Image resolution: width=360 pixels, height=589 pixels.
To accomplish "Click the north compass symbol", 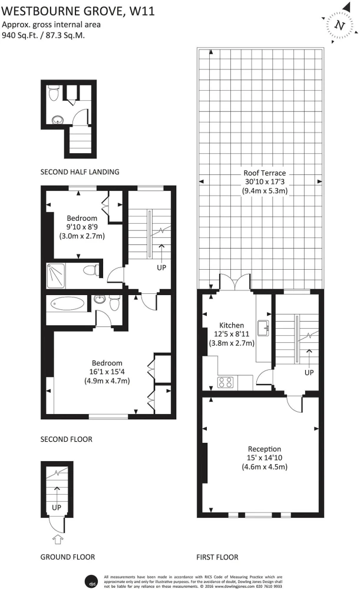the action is (x=340, y=25).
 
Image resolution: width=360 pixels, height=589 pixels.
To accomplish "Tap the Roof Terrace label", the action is (x=265, y=173).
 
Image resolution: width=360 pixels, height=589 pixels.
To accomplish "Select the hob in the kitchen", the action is (x=226, y=382).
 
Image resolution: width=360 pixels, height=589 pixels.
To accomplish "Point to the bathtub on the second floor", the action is (x=67, y=304).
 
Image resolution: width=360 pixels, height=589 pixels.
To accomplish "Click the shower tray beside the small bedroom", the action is (x=55, y=276).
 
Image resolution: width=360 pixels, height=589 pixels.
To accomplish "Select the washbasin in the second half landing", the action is (x=58, y=120).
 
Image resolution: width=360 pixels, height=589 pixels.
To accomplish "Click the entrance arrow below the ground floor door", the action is (x=57, y=540).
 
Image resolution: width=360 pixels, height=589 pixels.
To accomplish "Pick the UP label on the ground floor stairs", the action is (x=57, y=508).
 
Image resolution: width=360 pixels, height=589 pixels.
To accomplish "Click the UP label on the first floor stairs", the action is (x=309, y=373).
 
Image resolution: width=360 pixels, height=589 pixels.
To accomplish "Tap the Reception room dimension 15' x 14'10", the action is (x=265, y=458).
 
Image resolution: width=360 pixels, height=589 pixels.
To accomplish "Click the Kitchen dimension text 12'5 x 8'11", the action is (x=232, y=334).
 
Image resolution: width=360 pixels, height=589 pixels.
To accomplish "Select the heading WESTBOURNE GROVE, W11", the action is (x=78, y=11).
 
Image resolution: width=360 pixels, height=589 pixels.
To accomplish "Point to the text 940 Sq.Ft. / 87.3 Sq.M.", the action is (x=44, y=35).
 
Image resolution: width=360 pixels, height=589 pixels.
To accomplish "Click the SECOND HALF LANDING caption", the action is (x=80, y=172).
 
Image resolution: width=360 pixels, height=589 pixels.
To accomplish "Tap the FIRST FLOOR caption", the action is (x=217, y=557).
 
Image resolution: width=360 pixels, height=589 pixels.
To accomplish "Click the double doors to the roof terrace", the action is (x=235, y=282).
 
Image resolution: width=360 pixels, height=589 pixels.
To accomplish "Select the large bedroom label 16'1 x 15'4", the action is (x=107, y=372).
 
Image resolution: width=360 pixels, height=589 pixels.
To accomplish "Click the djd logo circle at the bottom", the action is (x=91, y=581).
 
